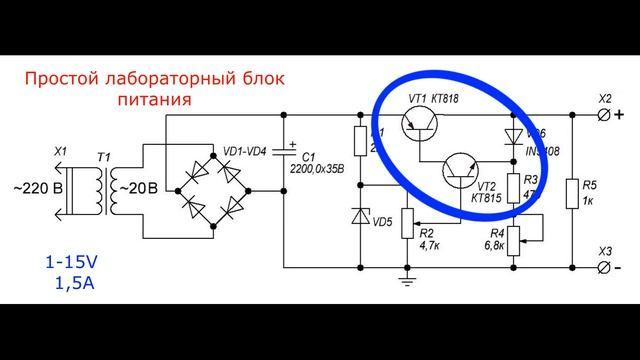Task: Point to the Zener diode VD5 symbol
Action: (x=360, y=217)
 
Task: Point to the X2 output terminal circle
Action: (x=606, y=116)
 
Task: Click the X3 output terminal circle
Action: (x=606, y=267)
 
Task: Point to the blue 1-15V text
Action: (x=69, y=264)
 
